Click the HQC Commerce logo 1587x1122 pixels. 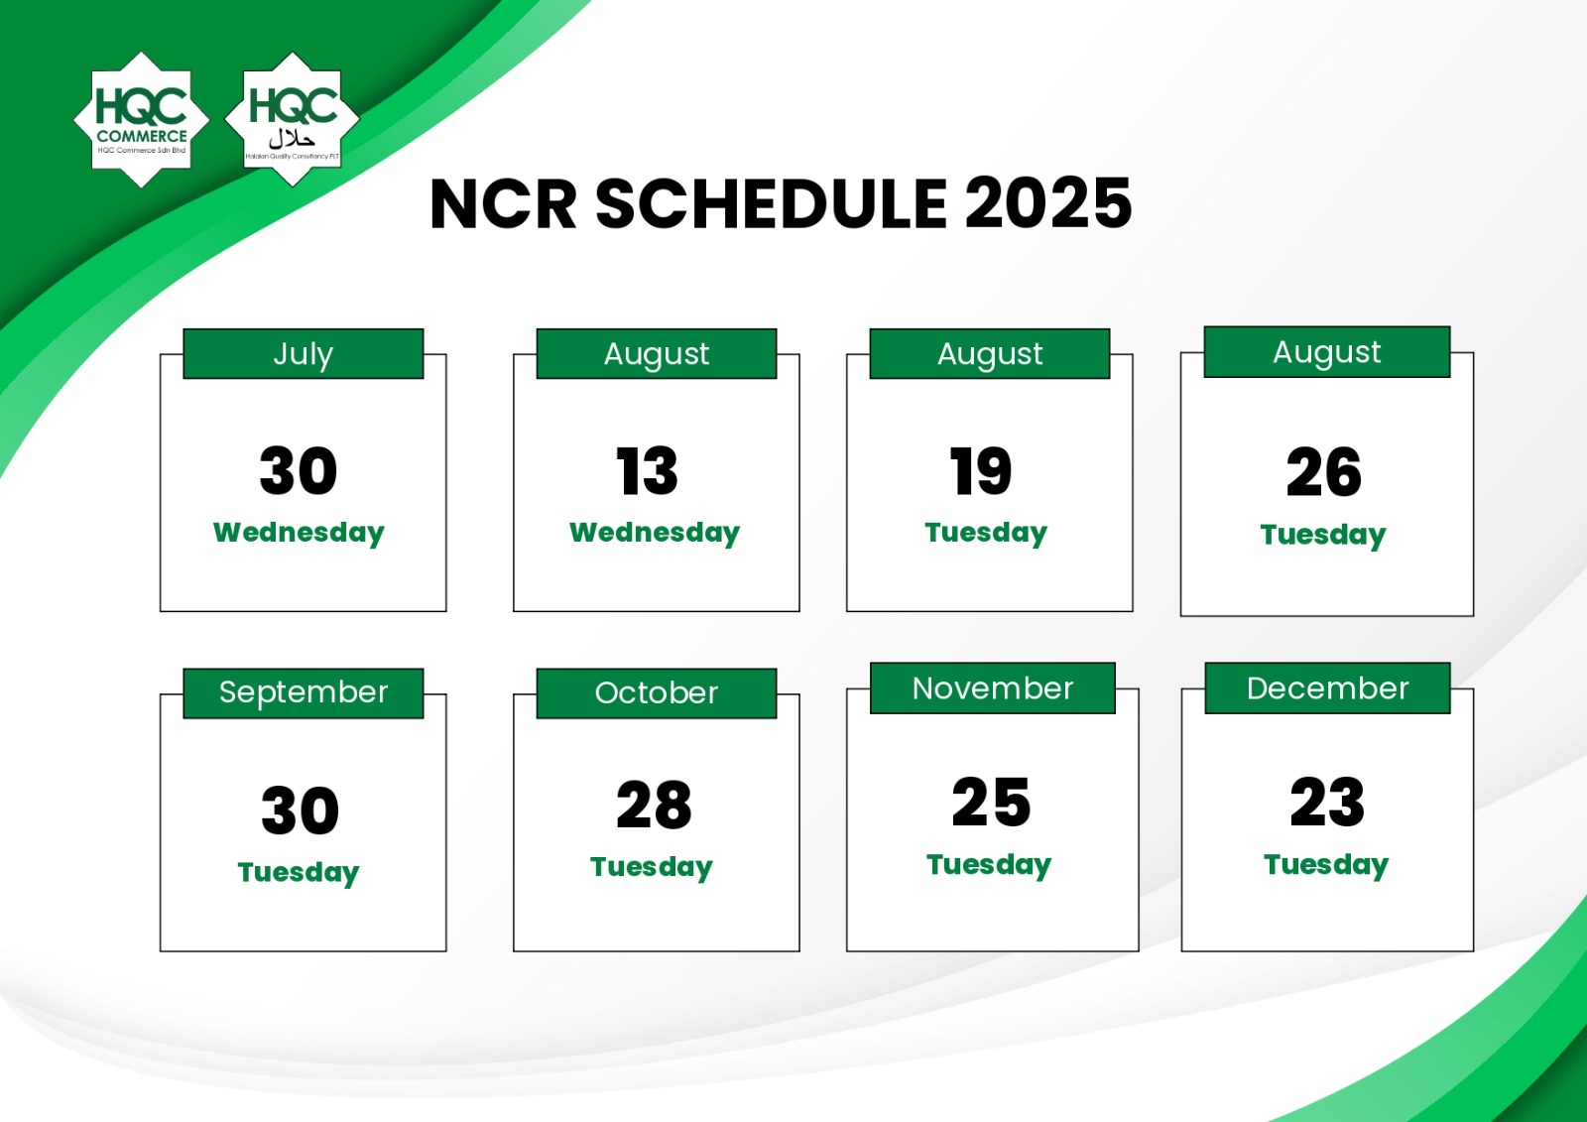(x=142, y=119)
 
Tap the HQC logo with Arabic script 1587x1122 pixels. (x=293, y=119)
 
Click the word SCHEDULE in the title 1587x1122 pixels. (x=772, y=204)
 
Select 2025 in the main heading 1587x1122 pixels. (x=1048, y=204)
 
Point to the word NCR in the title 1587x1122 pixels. (x=503, y=204)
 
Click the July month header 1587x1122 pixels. (x=304, y=354)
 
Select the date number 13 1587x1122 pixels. (x=647, y=470)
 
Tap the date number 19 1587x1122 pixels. (x=981, y=470)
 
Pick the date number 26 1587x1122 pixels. (x=1323, y=472)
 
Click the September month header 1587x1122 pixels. (x=304, y=693)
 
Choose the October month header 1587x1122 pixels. (x=656, y=693)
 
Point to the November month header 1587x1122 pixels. (x=993, y=688)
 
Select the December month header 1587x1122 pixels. (x=1328, y=688)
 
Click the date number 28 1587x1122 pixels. (x=654, y=805)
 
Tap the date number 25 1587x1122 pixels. (x=991, y=802)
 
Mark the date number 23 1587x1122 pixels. (x=1327, y=802)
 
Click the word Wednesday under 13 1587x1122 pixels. (x=655, y=533)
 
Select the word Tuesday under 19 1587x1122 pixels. (x=986, y=533)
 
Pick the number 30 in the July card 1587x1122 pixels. (x=299, y=470)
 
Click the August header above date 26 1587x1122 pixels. (x=1327, y=352)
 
